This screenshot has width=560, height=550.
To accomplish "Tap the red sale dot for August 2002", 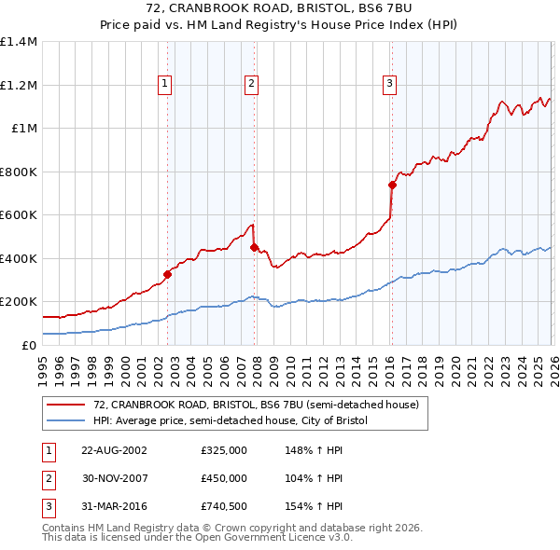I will point(168,274).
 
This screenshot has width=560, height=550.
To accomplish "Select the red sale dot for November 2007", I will point(255,247).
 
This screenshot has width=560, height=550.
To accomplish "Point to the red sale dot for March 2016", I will point(392,185).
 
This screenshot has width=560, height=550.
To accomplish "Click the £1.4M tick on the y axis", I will point(19,42).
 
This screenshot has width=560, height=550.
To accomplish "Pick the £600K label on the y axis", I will point(19,214).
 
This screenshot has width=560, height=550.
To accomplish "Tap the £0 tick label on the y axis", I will point(28,345).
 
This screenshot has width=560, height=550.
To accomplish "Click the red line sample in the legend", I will point(67,405).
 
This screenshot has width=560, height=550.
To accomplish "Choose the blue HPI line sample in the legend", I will point(67,421).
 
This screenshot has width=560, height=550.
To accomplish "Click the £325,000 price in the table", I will point(224,449).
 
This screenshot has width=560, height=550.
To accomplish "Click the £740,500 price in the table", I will point(224,507).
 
